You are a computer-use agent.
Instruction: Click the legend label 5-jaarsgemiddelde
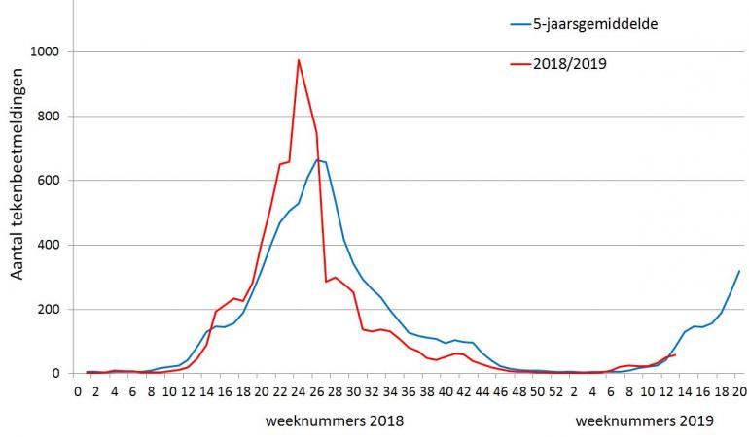(595, 24)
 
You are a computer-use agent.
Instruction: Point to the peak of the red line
(299, 60)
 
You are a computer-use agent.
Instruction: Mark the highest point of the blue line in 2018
(317, 160)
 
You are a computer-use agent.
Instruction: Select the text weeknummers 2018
(334, 421)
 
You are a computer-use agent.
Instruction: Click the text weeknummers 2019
(644, 421)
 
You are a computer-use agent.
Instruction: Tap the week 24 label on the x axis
(299, 392)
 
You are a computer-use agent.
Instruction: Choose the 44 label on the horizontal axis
(482, 392)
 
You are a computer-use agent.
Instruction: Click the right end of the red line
(675, 355)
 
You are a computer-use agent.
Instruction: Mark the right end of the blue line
(739, 271)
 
